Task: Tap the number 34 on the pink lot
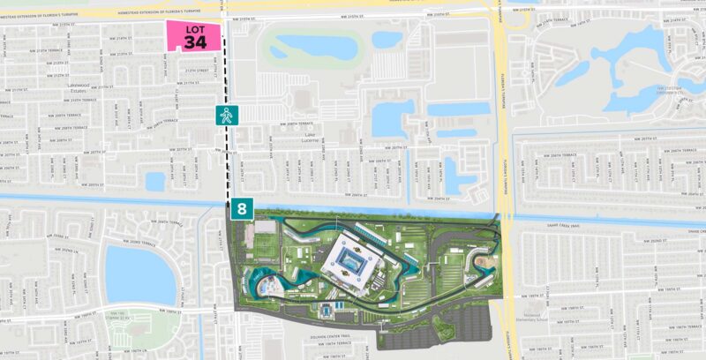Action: (x=197, y=42)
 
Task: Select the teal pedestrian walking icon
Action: (x=228, y=114)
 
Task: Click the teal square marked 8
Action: (x=241, y=210)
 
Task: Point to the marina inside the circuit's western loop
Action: (x=265, y=284)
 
